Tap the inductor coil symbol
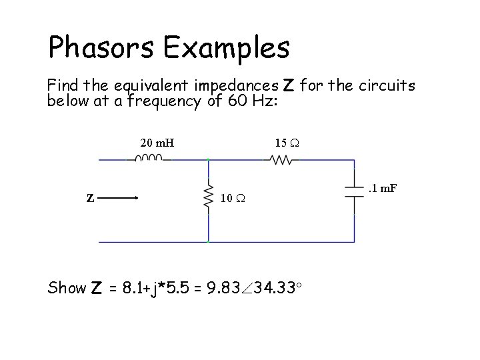(149, 159)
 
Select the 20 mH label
(157, 142)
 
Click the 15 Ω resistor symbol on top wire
(281, 159)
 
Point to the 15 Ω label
(287, 142)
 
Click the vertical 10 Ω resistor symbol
(209, 197)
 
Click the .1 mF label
(383, 189)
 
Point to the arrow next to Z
(121, 197)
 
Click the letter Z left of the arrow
(90, 197)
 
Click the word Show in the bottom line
(67, 288)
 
